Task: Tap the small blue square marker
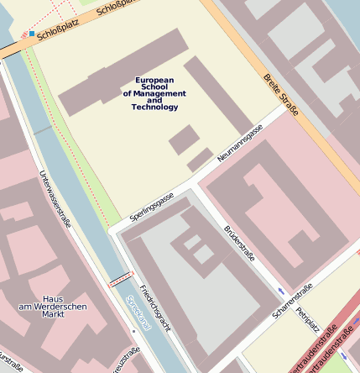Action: tap(32, 34)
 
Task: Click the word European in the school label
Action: tap(154, 80)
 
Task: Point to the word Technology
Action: tap(154, 108)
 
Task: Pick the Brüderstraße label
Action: tap(239, 243)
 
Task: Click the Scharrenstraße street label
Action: tap(292, 300)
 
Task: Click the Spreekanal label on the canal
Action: tap(138, 313)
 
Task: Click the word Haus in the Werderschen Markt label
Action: tap(53, 299)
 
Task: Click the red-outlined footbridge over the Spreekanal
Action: tap(121, 279)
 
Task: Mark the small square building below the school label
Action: tap(183, 139)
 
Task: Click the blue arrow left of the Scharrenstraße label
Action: tap(280, 292)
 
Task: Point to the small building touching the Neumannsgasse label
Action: tap(200, 159)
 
